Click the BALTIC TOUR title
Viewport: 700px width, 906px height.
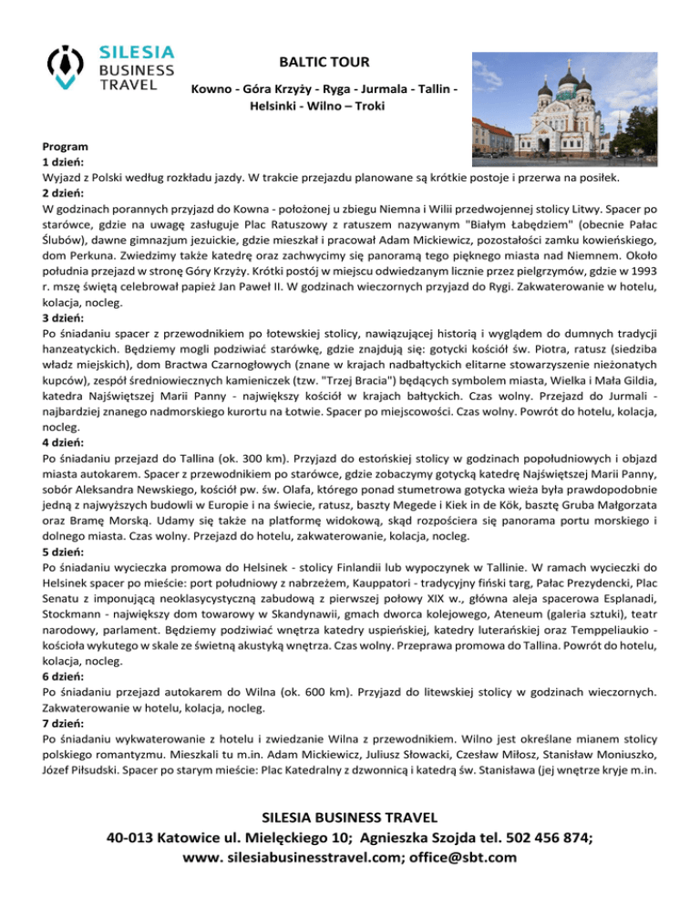[324, 62]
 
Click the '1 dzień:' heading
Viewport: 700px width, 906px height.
[63, 162]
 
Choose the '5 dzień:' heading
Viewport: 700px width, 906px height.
[63, 552]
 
